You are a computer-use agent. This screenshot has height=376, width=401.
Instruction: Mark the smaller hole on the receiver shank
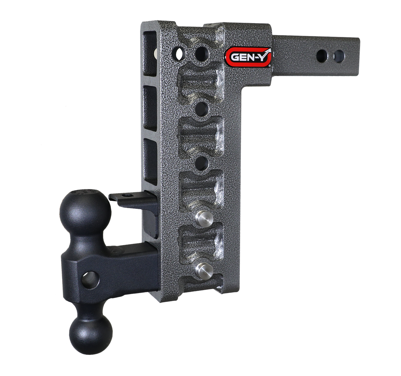point(338,55)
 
